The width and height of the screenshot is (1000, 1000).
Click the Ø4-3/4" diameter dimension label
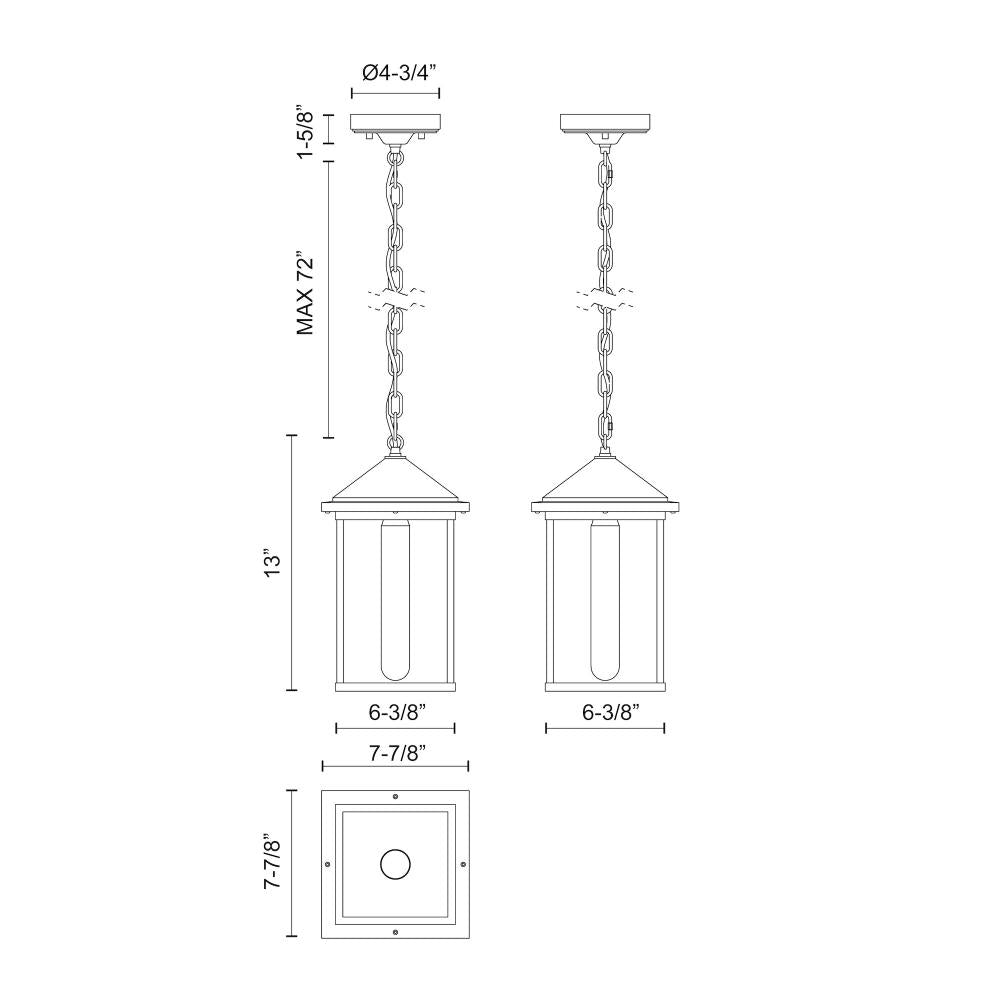395,73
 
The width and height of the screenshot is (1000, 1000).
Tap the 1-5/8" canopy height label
307,134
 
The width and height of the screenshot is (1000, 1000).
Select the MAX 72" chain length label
307,294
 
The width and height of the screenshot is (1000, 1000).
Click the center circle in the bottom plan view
395,864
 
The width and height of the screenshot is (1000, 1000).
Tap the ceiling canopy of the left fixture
395,124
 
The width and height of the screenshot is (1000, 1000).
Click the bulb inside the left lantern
395,600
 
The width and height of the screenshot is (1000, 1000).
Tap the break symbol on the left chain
395,296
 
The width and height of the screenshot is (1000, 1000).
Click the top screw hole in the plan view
395,796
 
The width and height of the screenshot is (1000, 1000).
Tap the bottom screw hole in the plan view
395,932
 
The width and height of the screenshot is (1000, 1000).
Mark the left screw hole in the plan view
328,864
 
